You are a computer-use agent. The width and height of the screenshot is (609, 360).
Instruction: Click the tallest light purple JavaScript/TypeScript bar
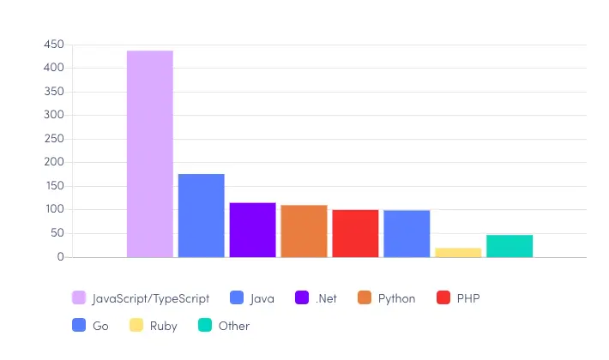(x=150, y=154)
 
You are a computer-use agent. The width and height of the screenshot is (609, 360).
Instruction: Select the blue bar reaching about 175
(x=202, y=215)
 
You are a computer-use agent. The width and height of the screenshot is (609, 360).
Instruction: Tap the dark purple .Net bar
(x=252, y=230)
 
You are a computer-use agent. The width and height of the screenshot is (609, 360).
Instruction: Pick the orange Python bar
(x=304, y=231)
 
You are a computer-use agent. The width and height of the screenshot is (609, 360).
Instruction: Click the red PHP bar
(x=355, y=233)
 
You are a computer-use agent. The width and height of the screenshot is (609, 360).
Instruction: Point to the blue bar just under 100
(x=407, y=233)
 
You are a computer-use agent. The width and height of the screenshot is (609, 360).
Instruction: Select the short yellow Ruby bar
(x=458, y=252)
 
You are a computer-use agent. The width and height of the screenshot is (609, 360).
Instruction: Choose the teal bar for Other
(x=510, y=246)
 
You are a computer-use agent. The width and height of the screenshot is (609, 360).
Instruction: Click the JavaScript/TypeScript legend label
(x=151, y=298)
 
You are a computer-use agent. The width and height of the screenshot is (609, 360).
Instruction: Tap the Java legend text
(x=262, y=298)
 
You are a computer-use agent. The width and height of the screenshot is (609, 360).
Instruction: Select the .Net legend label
(x=326, y=298)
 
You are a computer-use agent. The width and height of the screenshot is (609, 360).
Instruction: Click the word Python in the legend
(x=396, y=298)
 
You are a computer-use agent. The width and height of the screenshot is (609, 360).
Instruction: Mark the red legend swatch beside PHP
(x=443, y=298)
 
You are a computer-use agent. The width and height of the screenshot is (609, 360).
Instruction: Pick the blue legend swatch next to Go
(x=79, y=326)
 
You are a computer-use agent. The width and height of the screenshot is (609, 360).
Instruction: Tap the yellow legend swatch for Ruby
(x=136, y=326)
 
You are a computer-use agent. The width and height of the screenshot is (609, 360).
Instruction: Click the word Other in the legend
(x=234, y=326)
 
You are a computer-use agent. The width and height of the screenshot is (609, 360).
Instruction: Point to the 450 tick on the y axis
(x=54, y=45)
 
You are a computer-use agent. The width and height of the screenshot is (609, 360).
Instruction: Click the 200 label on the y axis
(x=54, y=162)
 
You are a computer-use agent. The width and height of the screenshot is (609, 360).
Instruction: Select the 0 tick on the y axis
(x=61, y=257)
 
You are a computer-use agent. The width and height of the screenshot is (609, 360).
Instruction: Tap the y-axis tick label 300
(x=54, y=115)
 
